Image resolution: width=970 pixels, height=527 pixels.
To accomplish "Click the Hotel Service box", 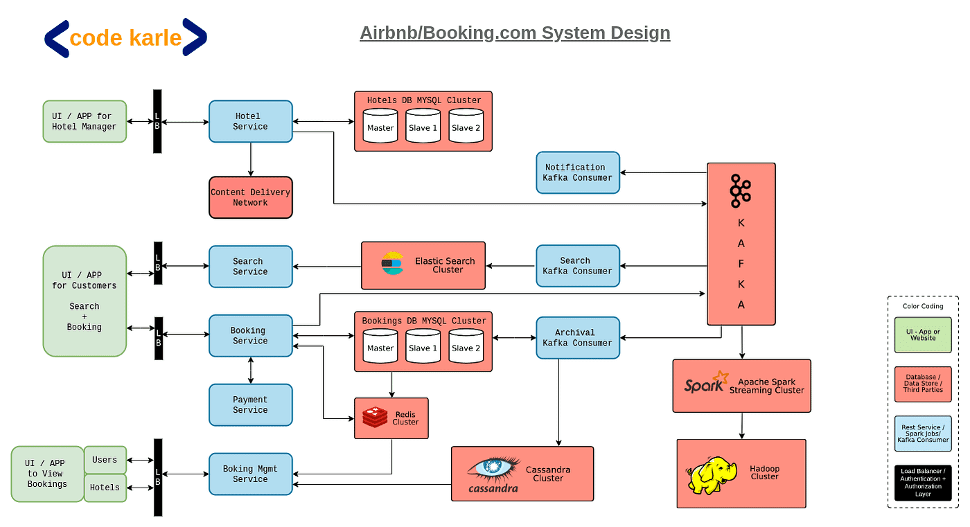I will pos(250,121).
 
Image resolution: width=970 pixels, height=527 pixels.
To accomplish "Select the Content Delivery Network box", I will pos(250,197).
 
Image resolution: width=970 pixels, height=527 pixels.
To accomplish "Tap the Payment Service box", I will pos(250,404).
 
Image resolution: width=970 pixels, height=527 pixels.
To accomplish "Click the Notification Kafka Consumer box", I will pos(578,172).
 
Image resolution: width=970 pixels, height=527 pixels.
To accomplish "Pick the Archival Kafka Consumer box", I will pos(578,337).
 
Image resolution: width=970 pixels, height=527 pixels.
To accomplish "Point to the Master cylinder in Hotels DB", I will pos(380,126).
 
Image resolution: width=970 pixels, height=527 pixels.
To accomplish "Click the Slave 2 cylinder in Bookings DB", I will pos(466,346).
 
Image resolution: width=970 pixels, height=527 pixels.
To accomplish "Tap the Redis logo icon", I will pos(375,417).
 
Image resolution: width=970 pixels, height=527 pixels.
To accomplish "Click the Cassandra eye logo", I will pos(493,469).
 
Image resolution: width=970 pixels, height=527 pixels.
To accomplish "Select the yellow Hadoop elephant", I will pos(712,474).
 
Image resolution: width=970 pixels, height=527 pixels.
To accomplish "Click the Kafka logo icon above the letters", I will pos(740,191).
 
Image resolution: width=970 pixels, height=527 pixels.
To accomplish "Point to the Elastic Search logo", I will pos(392,264).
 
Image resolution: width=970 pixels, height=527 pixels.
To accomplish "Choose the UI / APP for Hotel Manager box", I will pos(85,121).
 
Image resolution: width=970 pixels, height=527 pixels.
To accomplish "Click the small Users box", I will pos(105,460).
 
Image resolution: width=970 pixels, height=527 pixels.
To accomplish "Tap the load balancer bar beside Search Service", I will pos(158,263).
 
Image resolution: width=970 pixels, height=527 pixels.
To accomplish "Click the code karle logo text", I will pos(125,37).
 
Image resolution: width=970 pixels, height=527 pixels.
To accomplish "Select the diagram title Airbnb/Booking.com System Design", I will pos(515,33).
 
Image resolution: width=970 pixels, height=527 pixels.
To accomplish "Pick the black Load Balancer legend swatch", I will pos(923,482).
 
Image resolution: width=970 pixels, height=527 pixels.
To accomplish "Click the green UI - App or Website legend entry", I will pos(923,335).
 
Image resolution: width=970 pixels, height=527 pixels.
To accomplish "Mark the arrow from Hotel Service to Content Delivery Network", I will pos(250,159).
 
